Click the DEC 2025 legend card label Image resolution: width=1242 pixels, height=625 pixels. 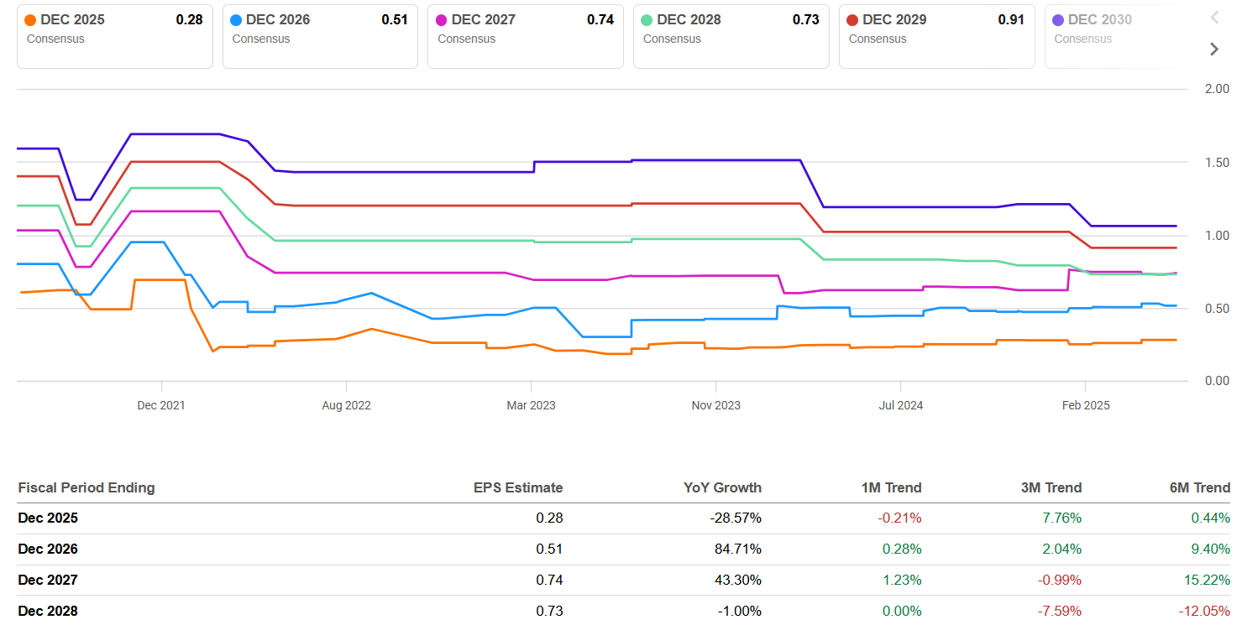[72, 20]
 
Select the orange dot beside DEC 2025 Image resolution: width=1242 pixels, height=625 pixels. [31, 20]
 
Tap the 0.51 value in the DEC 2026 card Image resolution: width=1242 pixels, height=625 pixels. [395, 20]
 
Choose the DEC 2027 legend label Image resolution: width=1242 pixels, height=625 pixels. [484, 20]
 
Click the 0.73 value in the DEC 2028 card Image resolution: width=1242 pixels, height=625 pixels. [805, 20]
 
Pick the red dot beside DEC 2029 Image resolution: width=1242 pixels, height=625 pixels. [853, 20]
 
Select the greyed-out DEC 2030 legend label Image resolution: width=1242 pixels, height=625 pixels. [1099, 20]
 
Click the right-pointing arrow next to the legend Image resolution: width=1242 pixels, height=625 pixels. [1213, 49]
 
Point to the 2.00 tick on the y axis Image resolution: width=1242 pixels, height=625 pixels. [1215, 89]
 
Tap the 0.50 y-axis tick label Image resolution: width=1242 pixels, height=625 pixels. [1215, 309]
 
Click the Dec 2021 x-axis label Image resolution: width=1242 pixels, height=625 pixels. [161, 405]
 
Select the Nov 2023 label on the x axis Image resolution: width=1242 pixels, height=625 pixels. [715, 405]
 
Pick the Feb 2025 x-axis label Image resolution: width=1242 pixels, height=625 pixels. [1085, 405]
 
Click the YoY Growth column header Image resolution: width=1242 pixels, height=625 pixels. [723, 487]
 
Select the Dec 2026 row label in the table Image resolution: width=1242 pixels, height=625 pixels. [48, 549]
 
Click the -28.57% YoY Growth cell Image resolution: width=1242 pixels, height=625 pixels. [736, 518]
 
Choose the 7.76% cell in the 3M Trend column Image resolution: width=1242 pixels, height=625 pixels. [1061, 518]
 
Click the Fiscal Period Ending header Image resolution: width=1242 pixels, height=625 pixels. [86, 487]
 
